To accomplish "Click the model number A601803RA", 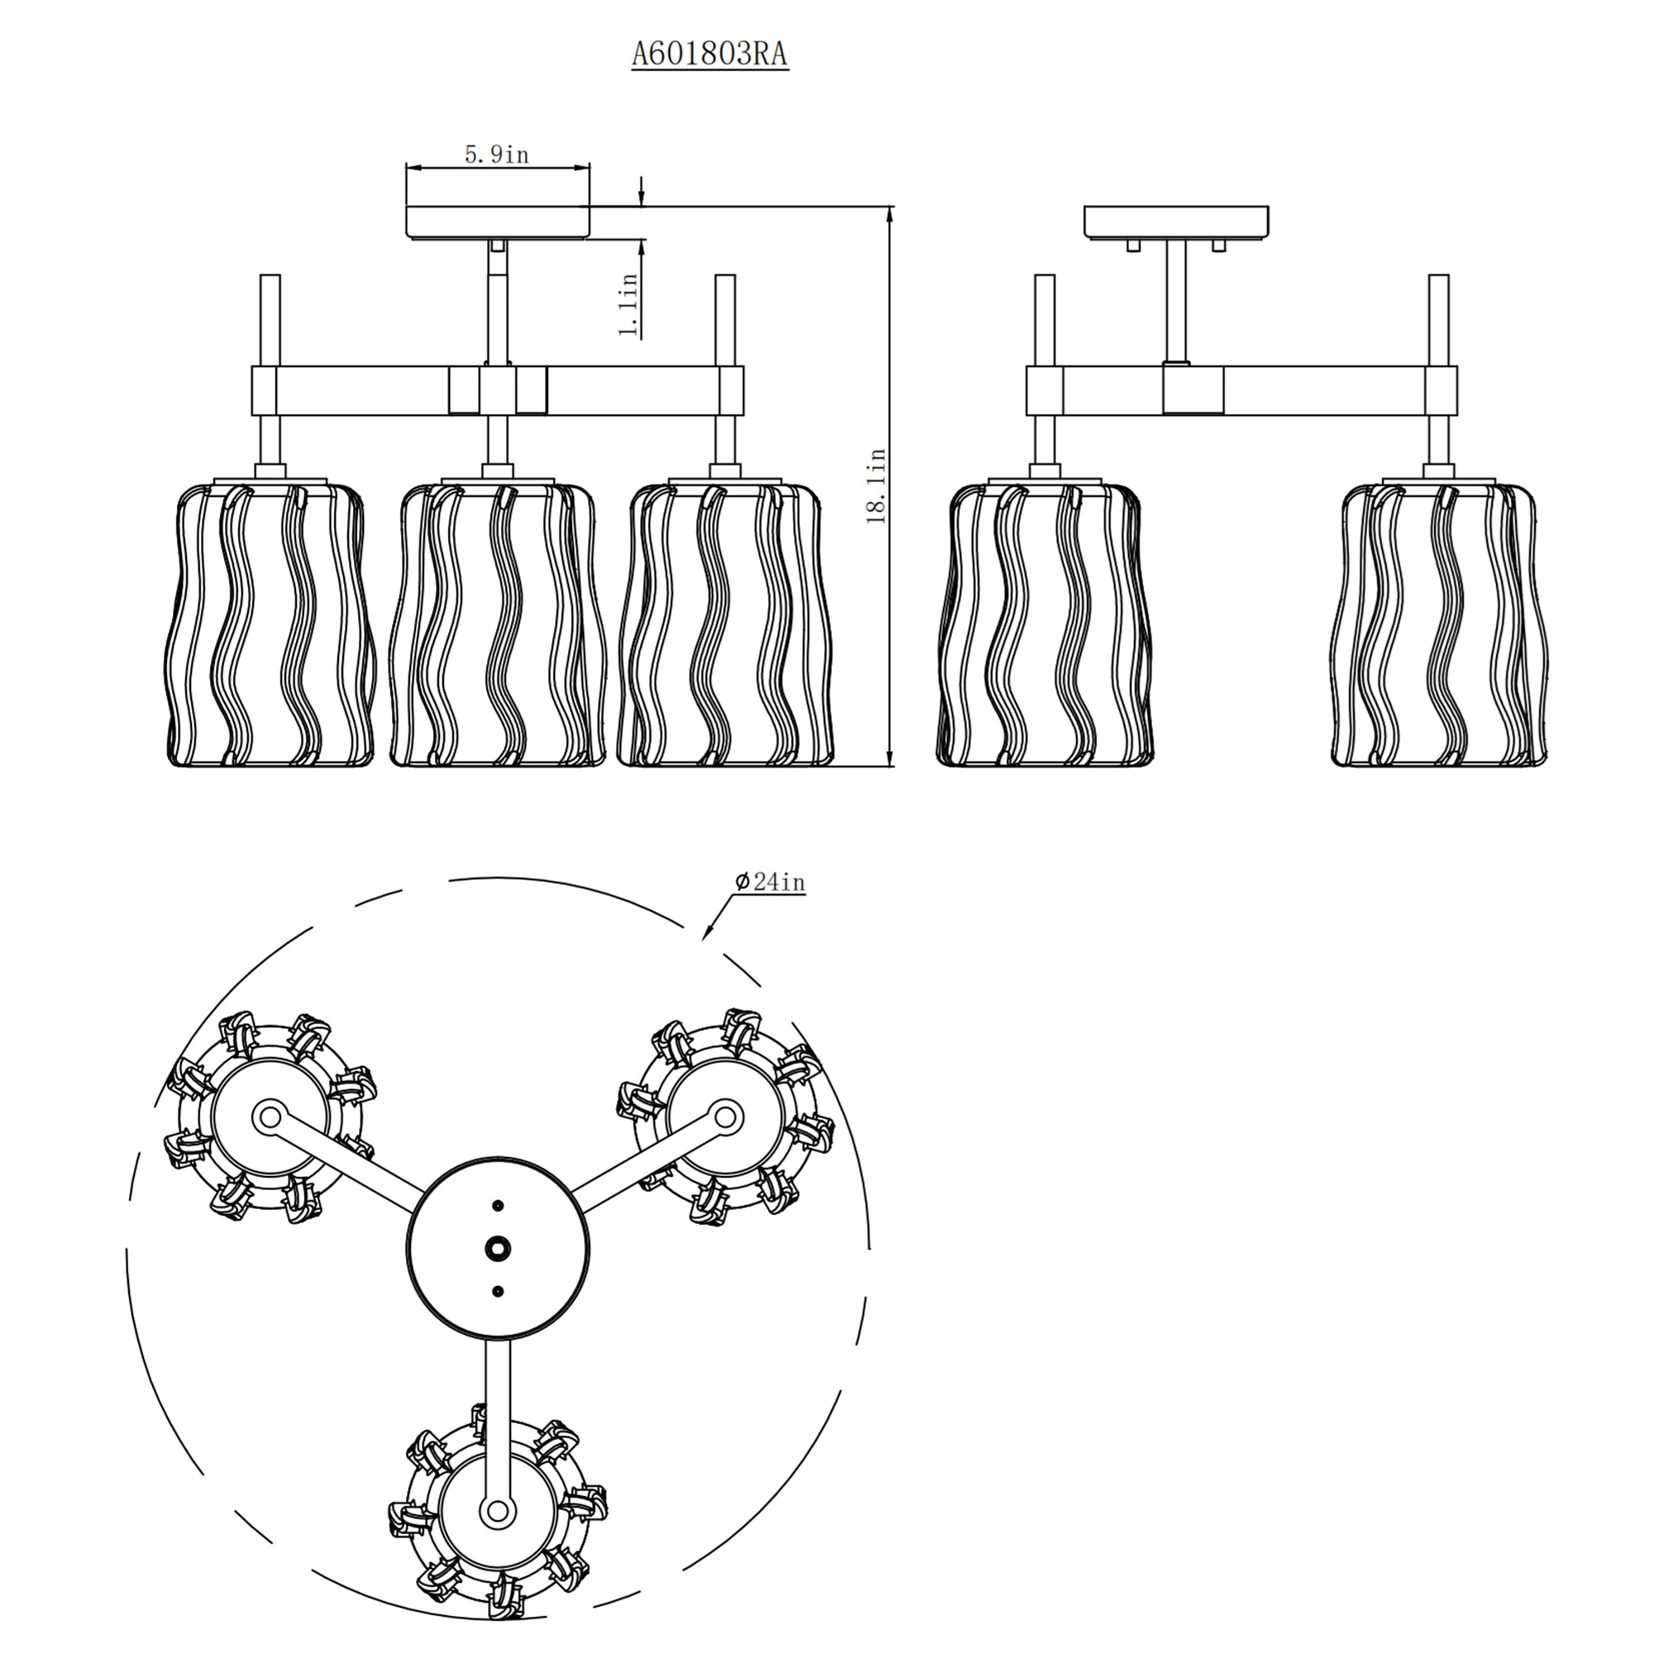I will (710, 55).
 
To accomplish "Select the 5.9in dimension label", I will (496, 155).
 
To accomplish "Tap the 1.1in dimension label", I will (629, 305).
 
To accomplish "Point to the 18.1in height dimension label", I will (877, 486).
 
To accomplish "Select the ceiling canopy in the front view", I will (497, 221).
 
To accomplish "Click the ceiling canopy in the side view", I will (1176, 222).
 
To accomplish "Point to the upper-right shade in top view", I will (724, 1117).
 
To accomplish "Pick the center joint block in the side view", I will (1193, 390).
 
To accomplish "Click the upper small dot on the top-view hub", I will (497, 1206).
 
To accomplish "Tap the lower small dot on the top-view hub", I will (497, 1291).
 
